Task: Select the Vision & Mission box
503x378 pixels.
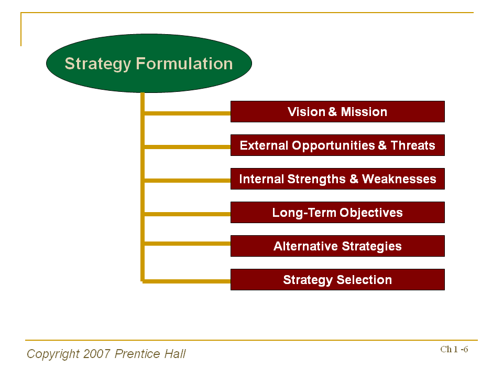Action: [337, 112]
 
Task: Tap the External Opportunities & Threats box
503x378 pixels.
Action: [337, 145]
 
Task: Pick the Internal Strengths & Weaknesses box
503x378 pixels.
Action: [337, 179]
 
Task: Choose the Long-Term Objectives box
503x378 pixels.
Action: [337, 213]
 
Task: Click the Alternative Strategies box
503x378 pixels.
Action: [337, 246]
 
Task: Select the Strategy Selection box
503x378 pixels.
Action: [337, 280]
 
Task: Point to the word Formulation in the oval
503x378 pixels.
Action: [184, 64]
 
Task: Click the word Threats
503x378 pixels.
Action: [413, 145]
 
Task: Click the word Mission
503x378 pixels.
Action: [364, 112]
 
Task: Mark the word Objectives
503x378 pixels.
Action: [371, 213]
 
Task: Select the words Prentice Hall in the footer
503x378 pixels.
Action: [150, 354]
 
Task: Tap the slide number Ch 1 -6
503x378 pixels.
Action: [454, 350]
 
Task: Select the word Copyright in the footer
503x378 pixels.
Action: [53, 354]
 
